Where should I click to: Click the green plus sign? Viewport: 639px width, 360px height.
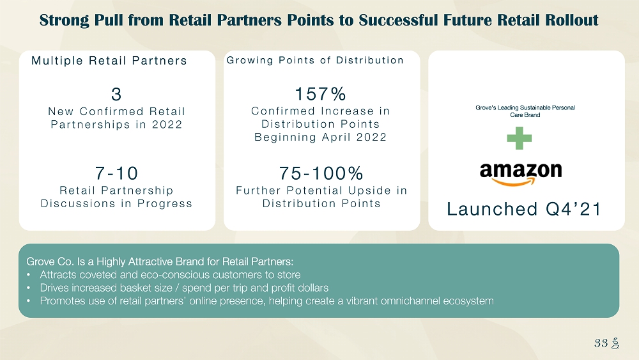(x=519, y=138)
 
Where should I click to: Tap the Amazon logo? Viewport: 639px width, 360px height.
(x=521, y=174)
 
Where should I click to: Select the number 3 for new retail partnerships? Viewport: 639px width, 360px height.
(x=116, y=94)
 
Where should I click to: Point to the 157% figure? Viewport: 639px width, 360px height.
(x=320, y=94)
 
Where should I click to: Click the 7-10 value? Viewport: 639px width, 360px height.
(x=116, y=173)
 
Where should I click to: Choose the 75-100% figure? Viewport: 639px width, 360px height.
(x=321, y=173)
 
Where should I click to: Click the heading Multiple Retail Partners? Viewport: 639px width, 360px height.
(x=109, y=61)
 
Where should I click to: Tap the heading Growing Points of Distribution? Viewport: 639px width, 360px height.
(x=315, y=60)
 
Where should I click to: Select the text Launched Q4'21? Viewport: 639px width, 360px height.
(x=524, y=209)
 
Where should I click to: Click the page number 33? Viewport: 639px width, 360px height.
(x=601, y=343)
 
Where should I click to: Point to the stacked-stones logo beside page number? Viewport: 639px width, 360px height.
(x=615, y=343)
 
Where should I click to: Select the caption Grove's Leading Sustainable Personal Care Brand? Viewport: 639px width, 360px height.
(x=525, y=111)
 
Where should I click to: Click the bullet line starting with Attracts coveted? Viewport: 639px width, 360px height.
(x=170, y=275)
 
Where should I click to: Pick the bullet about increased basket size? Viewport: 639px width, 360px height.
(x=184, y=288)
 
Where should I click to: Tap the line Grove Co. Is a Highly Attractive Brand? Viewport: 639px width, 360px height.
(x=160, y=262)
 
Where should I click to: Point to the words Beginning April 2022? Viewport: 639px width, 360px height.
(x=320, y=137)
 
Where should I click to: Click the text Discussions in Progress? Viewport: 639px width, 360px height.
(x=116, y=203)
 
